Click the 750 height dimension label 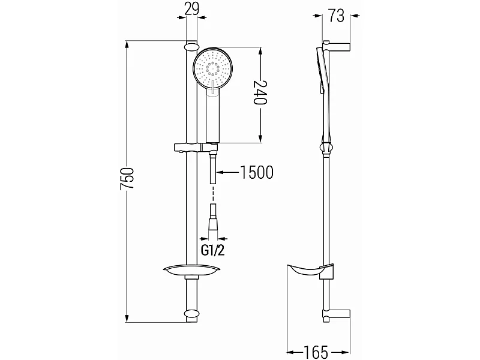coord(127,182)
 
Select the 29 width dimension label coord(192,8)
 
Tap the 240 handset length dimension coord(260,92)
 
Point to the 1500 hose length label coord(257,172)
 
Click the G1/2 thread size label coord(213,251)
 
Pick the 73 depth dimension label coord(337,16)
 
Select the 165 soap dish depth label coord(316,352)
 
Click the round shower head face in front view coord(213,69)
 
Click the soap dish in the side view coord(309,269)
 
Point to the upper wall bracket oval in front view coord(192,47)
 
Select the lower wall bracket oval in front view coord(192,314)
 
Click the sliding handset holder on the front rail coord(196,148)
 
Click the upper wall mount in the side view coord(336,47)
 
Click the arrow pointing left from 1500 coord(227,173)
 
